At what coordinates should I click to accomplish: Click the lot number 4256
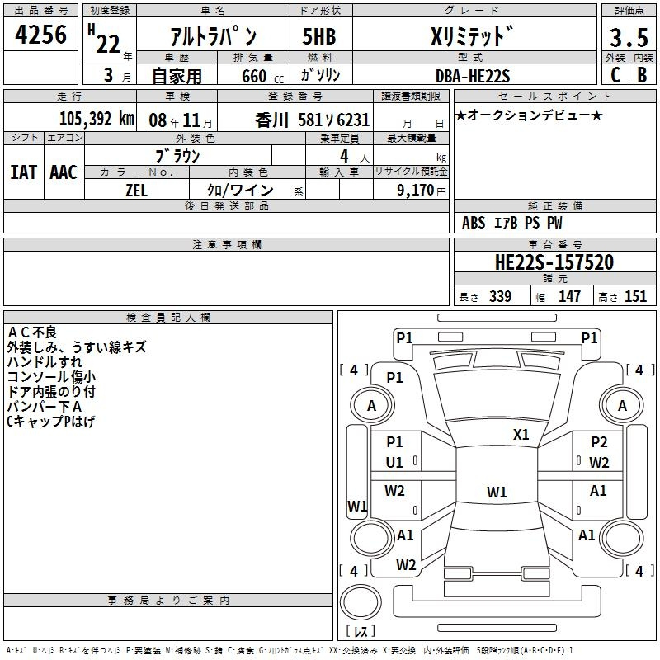40,34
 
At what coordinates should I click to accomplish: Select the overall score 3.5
629,37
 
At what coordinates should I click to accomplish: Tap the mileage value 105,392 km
97,119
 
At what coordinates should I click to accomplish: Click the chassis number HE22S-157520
554,262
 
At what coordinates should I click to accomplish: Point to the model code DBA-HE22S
473,76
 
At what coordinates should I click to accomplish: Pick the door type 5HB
319,36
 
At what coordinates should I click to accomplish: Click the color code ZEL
136,191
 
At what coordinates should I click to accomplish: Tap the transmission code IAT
24,172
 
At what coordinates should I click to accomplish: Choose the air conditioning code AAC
64,172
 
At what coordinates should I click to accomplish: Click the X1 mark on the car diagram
521,434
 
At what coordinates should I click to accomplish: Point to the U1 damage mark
394,462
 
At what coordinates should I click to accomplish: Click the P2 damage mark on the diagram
599,441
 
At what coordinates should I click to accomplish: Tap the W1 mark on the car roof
497,492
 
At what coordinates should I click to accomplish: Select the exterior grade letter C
615,75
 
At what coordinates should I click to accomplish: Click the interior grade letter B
642,75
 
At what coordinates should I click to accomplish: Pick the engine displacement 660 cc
262,76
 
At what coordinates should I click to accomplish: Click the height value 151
635,296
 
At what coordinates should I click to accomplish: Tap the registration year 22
108,45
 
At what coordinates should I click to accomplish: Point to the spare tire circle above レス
361,602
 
